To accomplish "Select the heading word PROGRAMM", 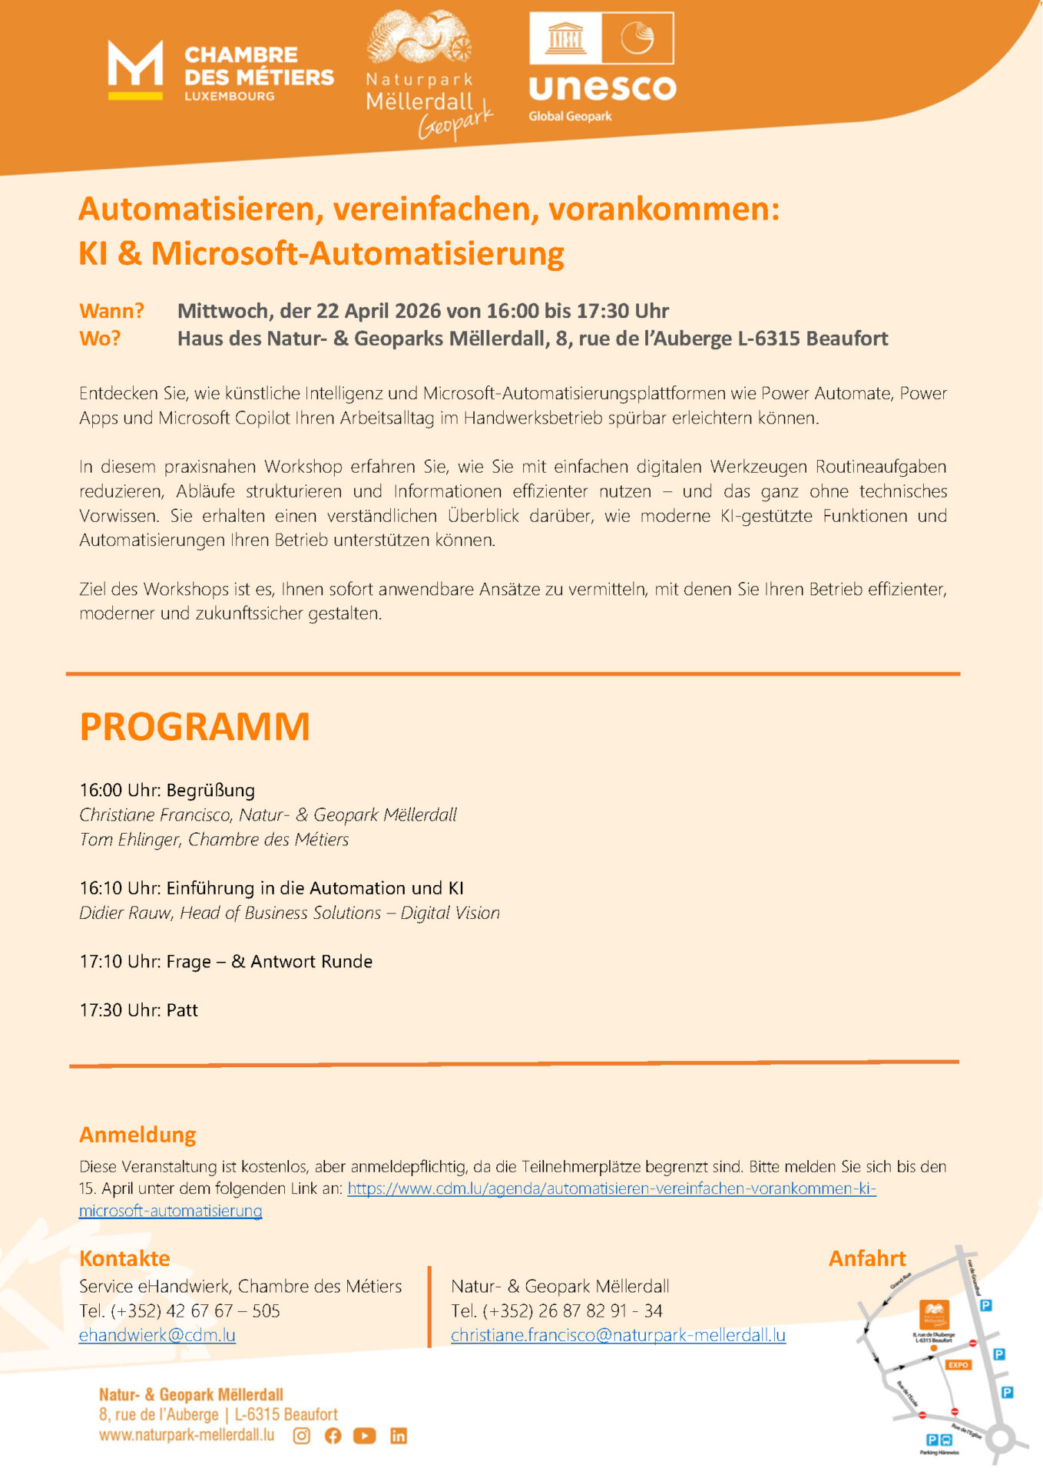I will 194,726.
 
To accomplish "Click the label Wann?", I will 111,311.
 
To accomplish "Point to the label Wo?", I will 100,339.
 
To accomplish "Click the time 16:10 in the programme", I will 101,888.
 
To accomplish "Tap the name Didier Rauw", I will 126,913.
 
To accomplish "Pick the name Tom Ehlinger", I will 130,840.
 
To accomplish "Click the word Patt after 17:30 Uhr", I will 182,1010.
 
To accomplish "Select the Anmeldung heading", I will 137,1135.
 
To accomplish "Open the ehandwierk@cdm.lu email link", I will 157,1335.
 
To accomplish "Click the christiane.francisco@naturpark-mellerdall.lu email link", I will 618,1335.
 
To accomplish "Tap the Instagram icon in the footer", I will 302,1436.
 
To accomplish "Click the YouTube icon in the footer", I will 365,1436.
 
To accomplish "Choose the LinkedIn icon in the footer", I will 399,1436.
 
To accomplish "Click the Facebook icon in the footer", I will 333,1436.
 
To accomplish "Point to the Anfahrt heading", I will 867,1258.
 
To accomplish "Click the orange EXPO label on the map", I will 959,1364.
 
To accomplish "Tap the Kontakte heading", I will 124,1258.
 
